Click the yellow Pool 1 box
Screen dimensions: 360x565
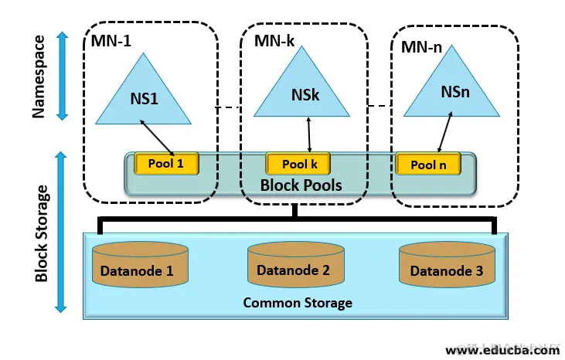[x=167, y=163]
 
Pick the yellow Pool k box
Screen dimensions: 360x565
[x=298, y=164]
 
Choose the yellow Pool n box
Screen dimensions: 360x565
[x=429, y=164]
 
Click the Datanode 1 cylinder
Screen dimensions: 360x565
[x=141, y=267]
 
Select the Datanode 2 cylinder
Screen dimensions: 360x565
[x=293, y=267]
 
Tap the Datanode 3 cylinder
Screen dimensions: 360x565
[x=446, y=267]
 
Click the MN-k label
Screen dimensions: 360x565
[x=274, y=40]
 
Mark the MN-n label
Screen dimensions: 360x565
[x=421, y=47]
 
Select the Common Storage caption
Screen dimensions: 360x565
[x=298, y=302]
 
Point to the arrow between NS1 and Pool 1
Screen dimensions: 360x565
[x=160, y=137]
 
